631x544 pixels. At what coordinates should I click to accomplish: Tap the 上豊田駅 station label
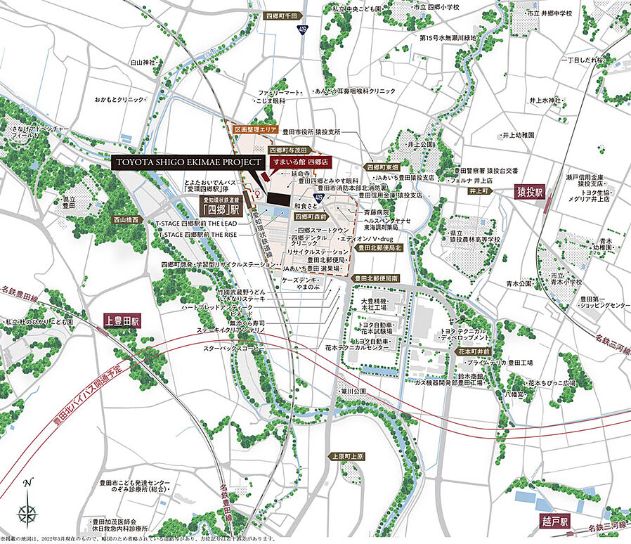tap(124, 320)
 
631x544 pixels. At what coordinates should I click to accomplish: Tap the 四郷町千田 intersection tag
tap(282, 15)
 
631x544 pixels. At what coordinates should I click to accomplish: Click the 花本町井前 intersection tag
tap(473, 349)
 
